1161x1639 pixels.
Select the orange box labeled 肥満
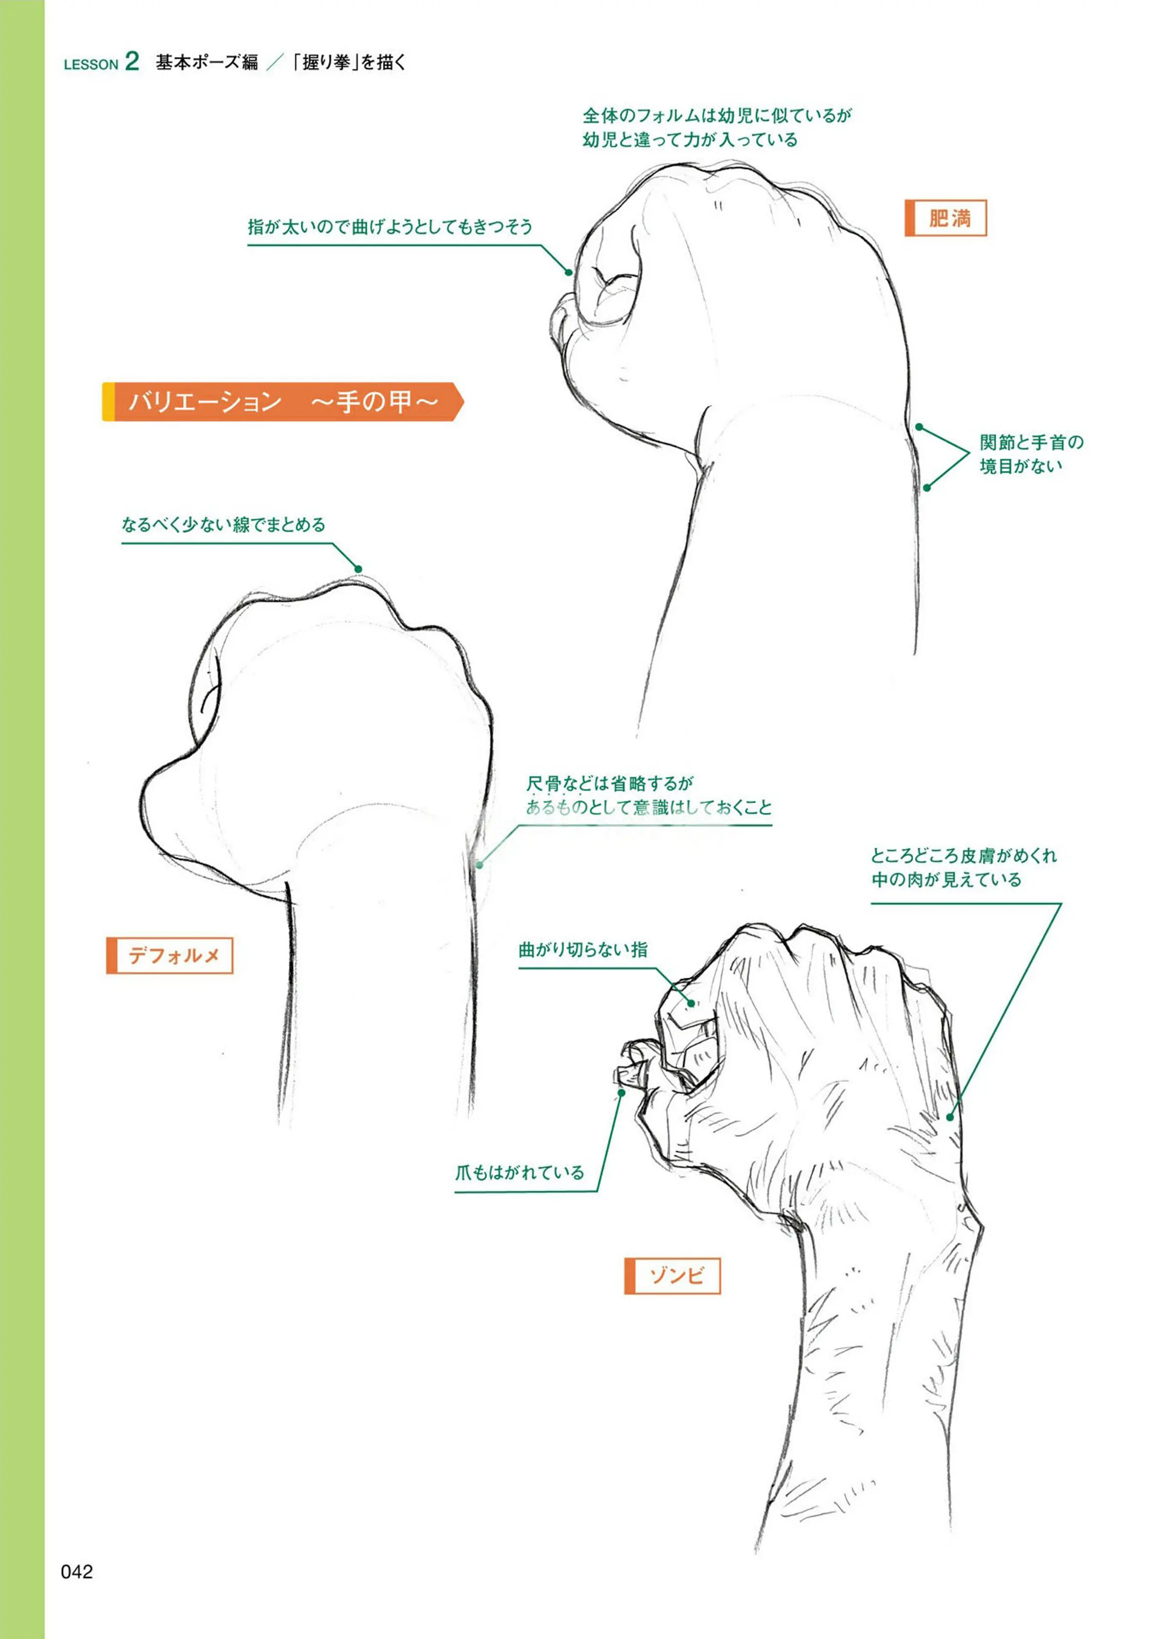pos(945,218)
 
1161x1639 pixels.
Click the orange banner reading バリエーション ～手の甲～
pos(283,401)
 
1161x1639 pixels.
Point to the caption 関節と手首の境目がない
pos(1032,454)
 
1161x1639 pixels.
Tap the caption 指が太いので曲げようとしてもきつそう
pos(390,226)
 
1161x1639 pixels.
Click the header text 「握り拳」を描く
pos(350,63)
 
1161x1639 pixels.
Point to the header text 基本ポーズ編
pos(207,63)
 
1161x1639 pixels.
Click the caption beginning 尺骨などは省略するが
pos(649,795)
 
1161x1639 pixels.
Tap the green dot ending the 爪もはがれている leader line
pos(622,1092)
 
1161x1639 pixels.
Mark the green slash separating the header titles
pos(275,63)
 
